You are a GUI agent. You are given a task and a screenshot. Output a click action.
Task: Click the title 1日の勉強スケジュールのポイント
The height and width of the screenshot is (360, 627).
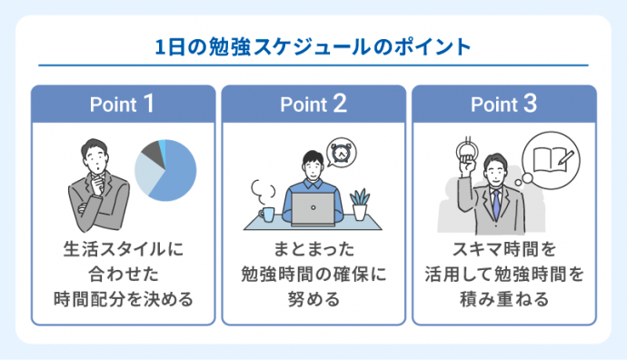(313, 46)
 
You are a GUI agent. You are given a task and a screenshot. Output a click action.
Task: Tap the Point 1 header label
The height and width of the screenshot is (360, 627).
(124, 104)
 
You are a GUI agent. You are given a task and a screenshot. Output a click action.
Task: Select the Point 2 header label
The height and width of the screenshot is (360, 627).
(313, 104)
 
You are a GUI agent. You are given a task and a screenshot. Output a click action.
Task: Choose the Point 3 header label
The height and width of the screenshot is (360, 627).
(504, 104)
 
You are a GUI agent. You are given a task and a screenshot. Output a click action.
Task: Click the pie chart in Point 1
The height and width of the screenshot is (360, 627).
(165, 170)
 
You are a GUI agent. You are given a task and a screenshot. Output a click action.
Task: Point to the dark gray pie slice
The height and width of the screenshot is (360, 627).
(151, 152)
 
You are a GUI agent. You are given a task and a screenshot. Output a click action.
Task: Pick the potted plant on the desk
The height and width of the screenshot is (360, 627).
(360, 205)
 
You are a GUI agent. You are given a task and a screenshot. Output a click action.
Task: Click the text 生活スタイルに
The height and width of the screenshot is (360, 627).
(124, 247)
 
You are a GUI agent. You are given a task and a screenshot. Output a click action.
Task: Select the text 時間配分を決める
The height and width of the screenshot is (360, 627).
(124, 298)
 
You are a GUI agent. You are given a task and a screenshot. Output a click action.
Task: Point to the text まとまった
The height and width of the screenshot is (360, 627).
(313, 247)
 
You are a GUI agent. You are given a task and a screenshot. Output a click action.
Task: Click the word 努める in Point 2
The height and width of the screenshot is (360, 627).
(313, 298)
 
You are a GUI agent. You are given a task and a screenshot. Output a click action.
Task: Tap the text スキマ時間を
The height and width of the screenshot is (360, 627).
(504, 247)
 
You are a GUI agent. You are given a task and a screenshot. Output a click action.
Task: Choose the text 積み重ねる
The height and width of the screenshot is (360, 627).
(504, 298)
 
